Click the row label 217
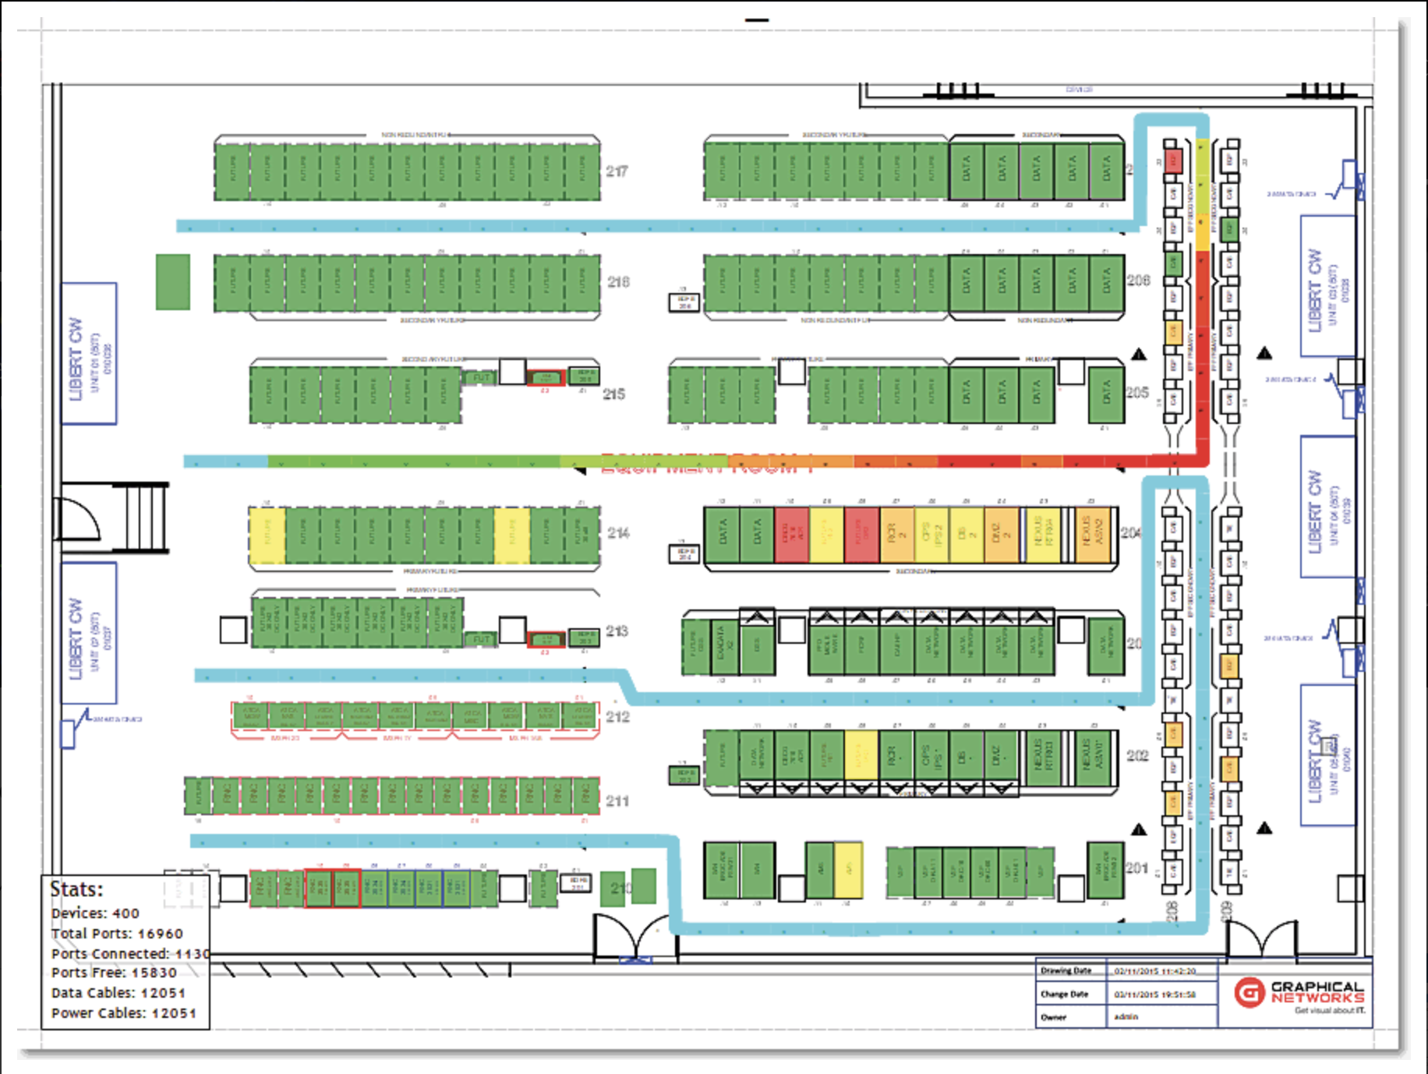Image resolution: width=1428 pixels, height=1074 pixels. (617, 171)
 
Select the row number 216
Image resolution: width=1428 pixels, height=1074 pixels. (618, 281)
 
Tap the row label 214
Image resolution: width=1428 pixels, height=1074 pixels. (618, 533)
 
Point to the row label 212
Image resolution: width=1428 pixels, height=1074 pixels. (617, 716)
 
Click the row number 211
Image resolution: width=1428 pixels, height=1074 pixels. (617, 800)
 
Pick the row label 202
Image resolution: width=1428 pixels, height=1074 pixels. (1137, 755)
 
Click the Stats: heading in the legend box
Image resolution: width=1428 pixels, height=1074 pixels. (76, 889)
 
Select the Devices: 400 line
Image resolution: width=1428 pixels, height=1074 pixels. (95, 913)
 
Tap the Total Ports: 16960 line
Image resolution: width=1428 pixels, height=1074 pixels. (117, 933)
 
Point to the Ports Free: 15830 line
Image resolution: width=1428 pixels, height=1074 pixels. (114, 973)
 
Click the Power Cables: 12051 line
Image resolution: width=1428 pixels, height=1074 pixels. (123, 1013)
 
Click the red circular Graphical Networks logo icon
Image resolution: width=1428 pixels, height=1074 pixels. (1249, 993)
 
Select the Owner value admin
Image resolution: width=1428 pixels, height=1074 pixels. (1126, 1017)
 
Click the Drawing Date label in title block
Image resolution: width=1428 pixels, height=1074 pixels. (1066, 971)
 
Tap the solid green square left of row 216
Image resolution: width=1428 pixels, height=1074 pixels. (172, 281)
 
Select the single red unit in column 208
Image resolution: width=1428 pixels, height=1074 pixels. (1173, 161)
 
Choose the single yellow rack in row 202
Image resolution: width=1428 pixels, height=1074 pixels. (861, 754)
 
